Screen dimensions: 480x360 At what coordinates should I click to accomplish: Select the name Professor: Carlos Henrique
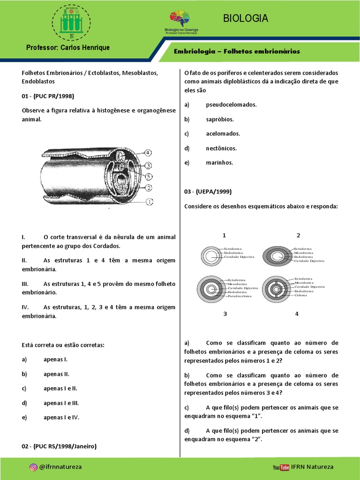[68, 48]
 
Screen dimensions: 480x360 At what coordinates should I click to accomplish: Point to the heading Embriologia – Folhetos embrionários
[237, 51]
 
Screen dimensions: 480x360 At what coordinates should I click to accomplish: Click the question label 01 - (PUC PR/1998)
[48, 96]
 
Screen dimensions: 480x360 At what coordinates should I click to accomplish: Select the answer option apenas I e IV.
[61, 417]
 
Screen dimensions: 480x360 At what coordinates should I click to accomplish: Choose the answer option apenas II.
[56, 374]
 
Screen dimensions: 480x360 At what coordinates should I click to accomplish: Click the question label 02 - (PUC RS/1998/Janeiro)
[59, 446]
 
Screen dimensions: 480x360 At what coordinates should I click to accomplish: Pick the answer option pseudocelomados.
[231, 105]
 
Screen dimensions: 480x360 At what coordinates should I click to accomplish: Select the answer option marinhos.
[219, 163]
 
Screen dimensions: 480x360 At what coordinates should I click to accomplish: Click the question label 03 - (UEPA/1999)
[208, 192]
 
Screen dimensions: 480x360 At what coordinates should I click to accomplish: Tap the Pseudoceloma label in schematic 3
[240, 297]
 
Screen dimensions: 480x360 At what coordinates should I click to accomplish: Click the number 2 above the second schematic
[298, 235]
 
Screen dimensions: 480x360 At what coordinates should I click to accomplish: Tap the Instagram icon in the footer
[33, 467]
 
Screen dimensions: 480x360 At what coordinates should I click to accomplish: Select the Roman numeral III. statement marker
[25, 284]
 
